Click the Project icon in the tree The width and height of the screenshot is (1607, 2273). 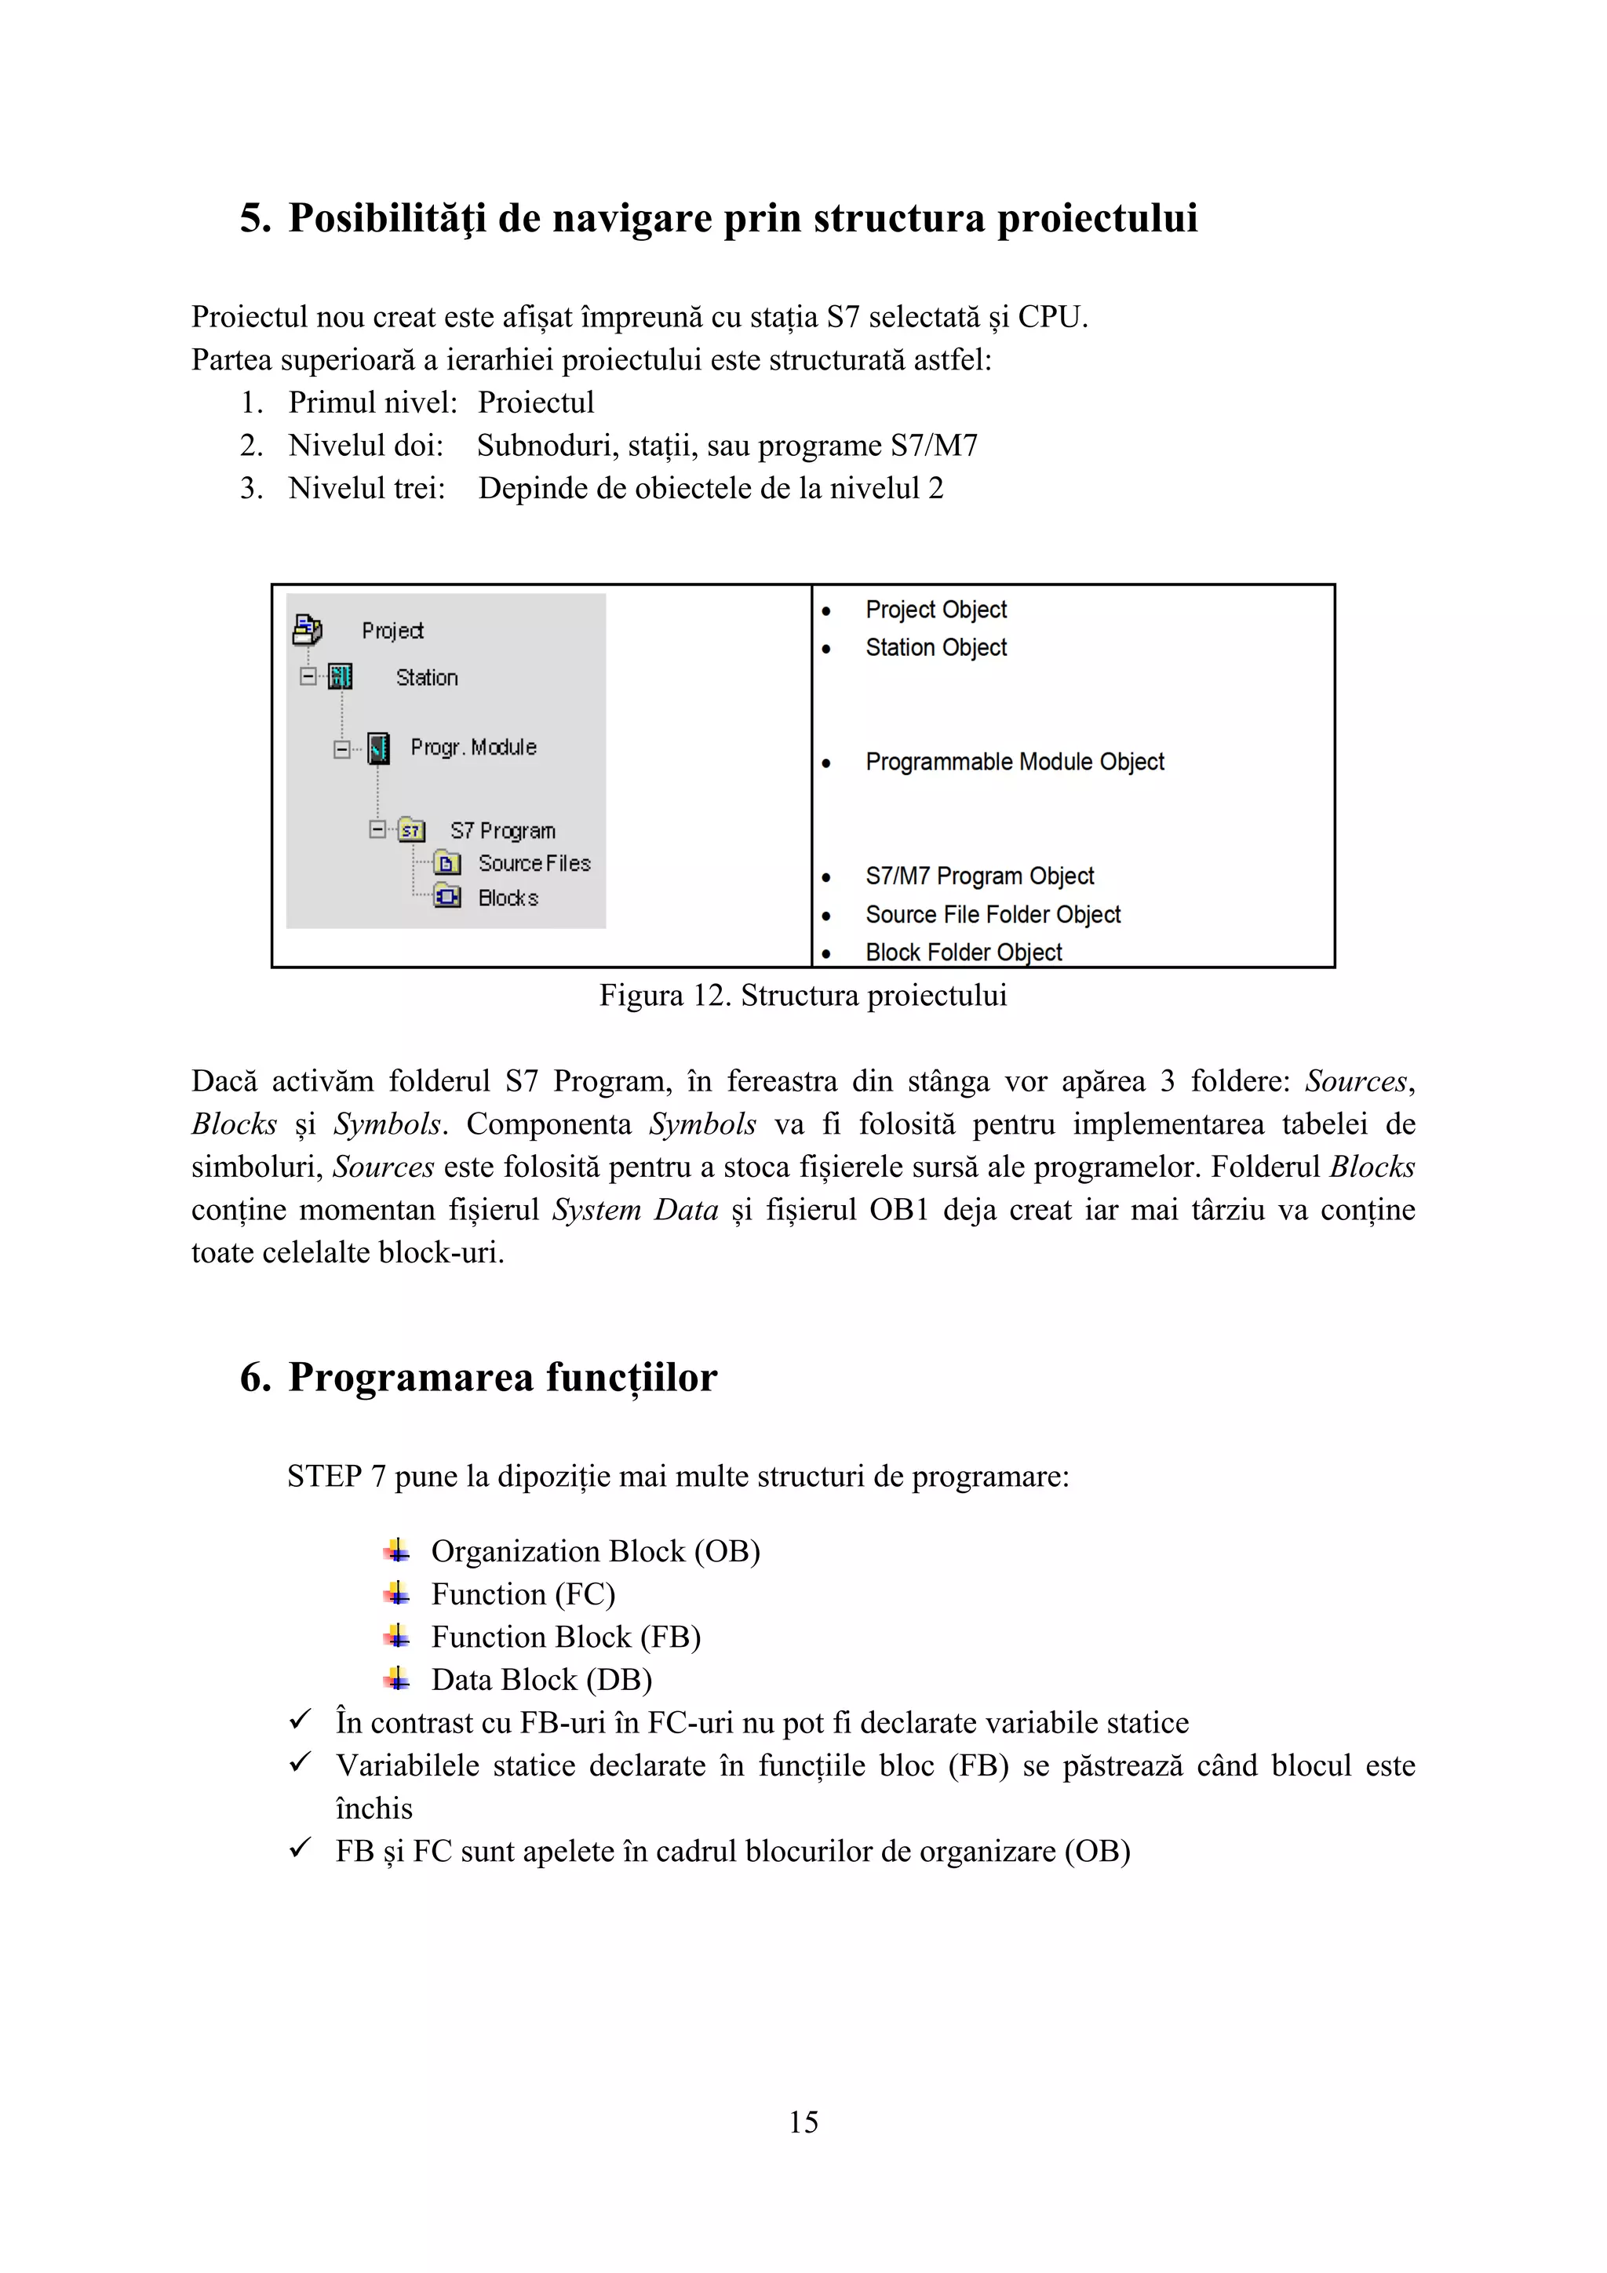[x=307, y=628]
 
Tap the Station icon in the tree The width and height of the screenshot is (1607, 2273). [x=341, y=677]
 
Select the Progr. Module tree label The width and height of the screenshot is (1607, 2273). [x=473, y=748]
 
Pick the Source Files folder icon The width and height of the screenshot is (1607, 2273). [x=447, y=863]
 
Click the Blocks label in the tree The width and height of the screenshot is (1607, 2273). [x=508, y=898]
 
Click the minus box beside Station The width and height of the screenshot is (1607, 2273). [x=308, y=677]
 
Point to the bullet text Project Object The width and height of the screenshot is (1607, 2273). [x=935, y=610]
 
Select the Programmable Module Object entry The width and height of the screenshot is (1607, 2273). [x=1014, y=763]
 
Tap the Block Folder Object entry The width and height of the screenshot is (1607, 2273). [x=963, y=953]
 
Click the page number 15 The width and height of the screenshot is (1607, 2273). [x=803, y=2122]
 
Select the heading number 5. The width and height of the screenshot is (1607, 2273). [x=254, y=218]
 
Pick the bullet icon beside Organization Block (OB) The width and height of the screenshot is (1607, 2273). [x=397, y=1550]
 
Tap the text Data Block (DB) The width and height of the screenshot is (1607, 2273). [x=541, y=1680]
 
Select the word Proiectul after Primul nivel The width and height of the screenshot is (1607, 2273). [x=536, y=403]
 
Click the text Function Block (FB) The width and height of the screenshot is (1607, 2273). [x=566, y=1637]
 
